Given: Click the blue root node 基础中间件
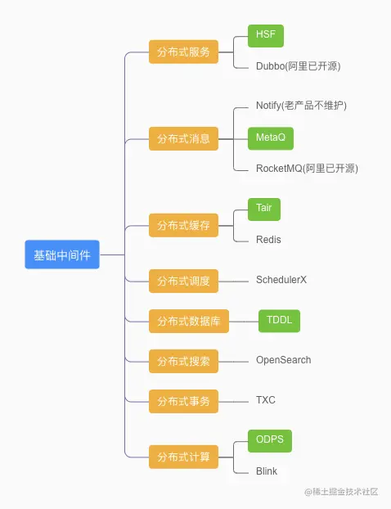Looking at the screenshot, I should tap(61, 254).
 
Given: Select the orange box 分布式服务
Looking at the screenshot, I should tap(183, 52).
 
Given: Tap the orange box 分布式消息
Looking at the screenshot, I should tap(183, 138).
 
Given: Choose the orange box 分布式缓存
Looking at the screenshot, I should tap(183, 225).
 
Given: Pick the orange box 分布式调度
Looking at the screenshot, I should tap(183, 281).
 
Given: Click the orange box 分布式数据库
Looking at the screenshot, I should tap(189, 321).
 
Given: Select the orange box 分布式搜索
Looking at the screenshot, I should tap(183, 361).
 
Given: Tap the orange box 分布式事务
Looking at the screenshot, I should tap(183, 401).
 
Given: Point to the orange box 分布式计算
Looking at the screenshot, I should tap(183, 457).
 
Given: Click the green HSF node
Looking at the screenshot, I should tap(265, 36).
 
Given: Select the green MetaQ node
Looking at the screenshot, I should tap(270, 137).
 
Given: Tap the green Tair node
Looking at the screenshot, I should tap(263, 209).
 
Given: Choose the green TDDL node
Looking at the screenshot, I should tap(279, 321).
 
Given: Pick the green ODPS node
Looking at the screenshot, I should tap(269, 440).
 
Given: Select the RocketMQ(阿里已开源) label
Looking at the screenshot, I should tap(307, 169).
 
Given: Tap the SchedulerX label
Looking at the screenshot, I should tap(281, 280).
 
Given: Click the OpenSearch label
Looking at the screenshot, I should tap(283, 360).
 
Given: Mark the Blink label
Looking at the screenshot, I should tap(267, 471).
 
